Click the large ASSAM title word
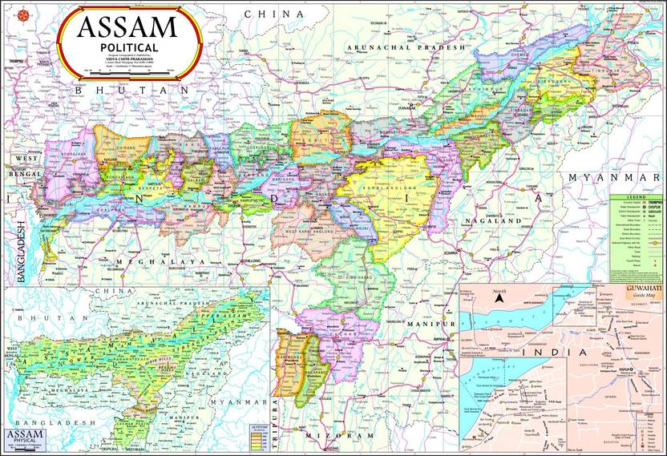[x=127, y=28]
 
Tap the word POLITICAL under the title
[x=127, y=48]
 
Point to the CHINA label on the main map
[x=274, y=14]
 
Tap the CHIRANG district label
[x=127, y=147]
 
